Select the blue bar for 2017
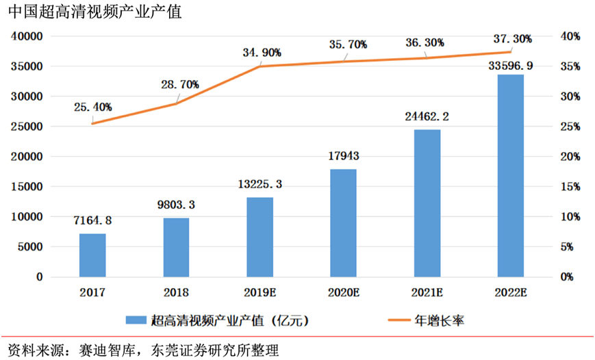(x=92, y=255)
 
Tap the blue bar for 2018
(x=176, y=247)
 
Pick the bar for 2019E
(x=259, y=237)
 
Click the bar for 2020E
(x=343, y=222)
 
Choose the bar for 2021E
(x=427, y=203)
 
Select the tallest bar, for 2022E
(x=510, y=175)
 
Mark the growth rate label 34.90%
(x=261, y=52)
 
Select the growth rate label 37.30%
(x=511, y=39)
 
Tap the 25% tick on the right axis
(x=571, y=127)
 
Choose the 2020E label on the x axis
(x=343, y=293)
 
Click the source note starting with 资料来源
(x=144, y=349)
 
